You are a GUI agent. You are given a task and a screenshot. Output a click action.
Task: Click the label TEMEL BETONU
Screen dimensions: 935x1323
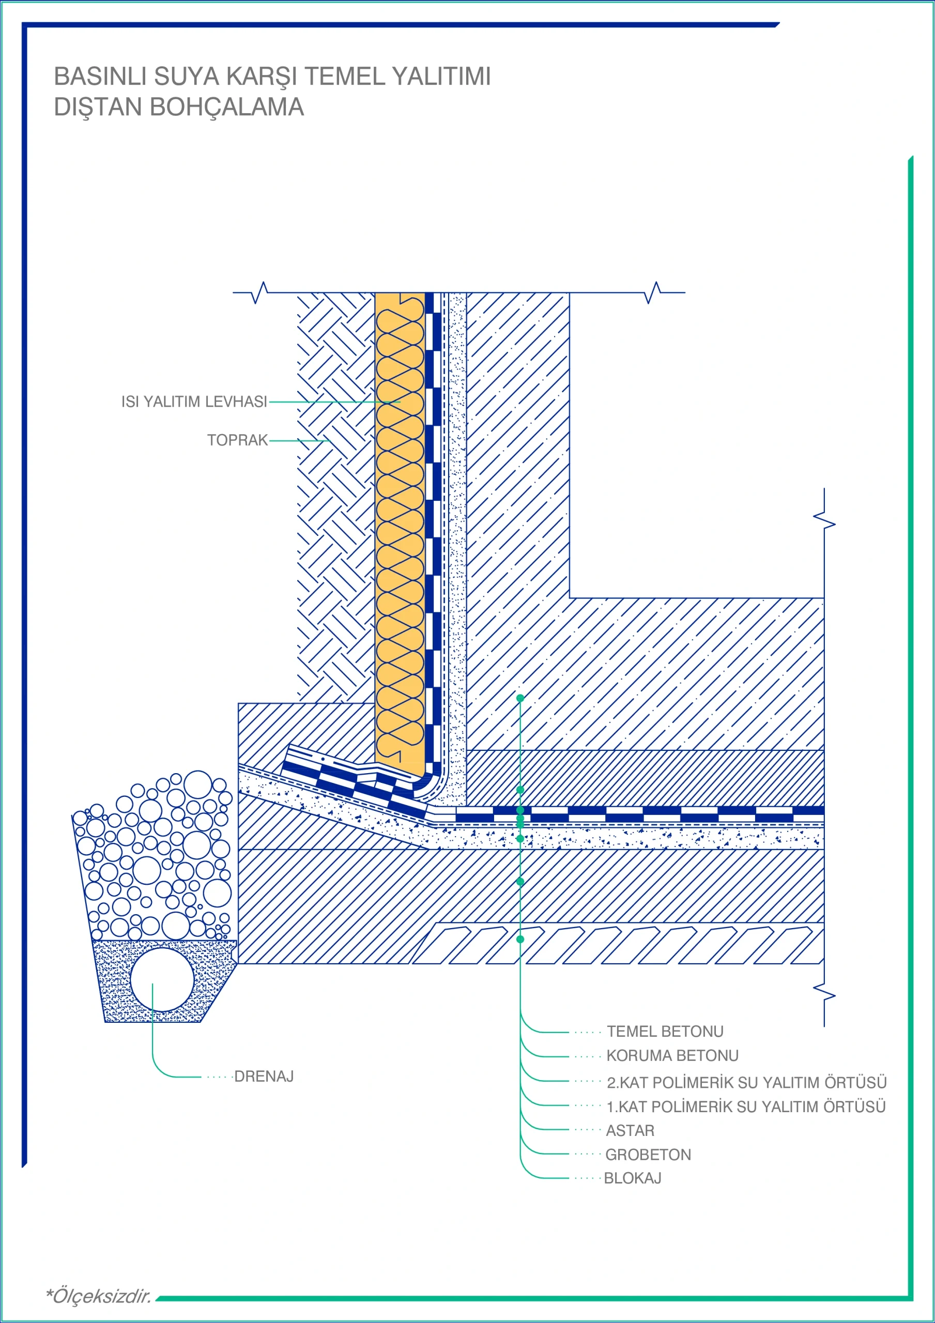pyautogui.click(x=665, y=1032)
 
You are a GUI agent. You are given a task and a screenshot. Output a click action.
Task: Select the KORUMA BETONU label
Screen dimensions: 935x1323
pyautogui.click(x=672, y=1056)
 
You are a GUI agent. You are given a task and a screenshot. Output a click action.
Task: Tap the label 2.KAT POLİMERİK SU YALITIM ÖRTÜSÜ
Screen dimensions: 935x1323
pyautogui.click(x=746, y=1082)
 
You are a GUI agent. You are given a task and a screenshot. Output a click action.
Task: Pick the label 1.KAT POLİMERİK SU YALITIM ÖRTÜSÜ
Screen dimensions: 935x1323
pyautogui.click(x=746, y=1106)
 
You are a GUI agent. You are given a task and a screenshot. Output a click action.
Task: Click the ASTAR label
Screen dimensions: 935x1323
pyautogui.click(x=630, y=1131)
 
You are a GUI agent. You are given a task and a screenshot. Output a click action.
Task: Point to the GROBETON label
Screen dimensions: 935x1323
pyautogui.click(x=648, y=1155)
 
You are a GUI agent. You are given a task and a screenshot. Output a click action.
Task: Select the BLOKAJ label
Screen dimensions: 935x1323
pyautogui.click(x=632, y=1178)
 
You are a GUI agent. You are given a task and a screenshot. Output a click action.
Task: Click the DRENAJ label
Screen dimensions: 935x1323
pyautogui.click(x=264, y=1076)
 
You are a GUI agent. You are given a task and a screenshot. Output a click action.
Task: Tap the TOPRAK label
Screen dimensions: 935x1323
pyautogui.click(x=237, y=440)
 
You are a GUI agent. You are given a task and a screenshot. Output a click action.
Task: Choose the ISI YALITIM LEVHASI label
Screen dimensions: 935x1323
pyautogui.click(x=194, y=402)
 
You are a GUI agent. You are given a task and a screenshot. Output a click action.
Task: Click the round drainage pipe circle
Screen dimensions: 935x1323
pyautogui.click(x=162, y=979)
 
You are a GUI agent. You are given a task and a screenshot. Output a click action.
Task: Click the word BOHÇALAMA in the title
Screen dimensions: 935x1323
pyautogui.click(x=226, y=107)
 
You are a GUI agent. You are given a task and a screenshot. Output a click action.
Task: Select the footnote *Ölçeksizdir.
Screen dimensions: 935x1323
pyautogui.click(x=99, y=1297)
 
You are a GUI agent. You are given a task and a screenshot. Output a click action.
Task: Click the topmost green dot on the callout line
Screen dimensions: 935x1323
pyautogui.click(x=520, y=698)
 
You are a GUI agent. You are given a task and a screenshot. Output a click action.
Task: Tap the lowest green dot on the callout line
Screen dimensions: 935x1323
pyautogui.click(x=520, y=939)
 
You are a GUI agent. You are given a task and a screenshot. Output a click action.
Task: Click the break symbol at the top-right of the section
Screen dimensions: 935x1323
pyautogui.click(x=653, y=293)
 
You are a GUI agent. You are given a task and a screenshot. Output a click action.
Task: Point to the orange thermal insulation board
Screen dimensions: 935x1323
pyautogui.click(x=400, y=530)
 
